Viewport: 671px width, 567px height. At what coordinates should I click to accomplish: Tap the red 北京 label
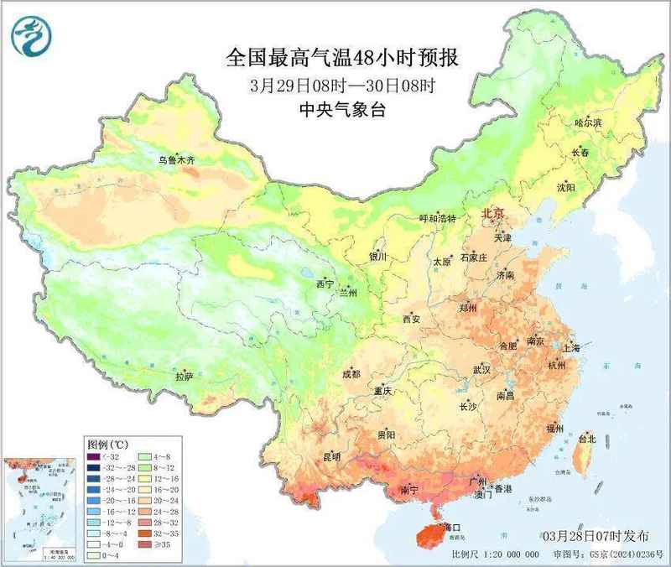(493, 214)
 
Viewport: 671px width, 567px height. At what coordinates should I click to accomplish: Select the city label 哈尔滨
(588, 123)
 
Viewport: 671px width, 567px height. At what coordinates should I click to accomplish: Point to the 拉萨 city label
(184, 377)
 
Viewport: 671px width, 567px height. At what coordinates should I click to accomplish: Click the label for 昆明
(331, 457)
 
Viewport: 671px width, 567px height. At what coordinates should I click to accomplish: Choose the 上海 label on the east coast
(572, 346)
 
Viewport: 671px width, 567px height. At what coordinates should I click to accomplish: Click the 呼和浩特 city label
(437, 218)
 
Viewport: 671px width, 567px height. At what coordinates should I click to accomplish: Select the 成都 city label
(350, 375)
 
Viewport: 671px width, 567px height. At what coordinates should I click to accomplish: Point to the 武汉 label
(481, 369)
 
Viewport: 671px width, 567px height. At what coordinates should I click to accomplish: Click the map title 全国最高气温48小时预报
(343, 58)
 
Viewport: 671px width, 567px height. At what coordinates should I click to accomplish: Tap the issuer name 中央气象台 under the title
(342, 108)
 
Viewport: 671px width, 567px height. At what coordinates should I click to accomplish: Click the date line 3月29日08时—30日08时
(342, 85)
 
